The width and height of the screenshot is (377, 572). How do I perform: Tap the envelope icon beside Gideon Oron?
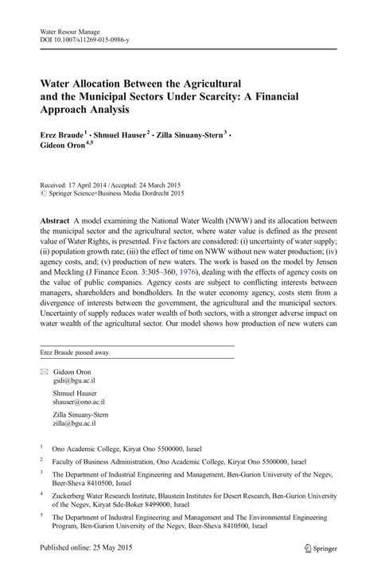pyautogui.click(x=45, y=372)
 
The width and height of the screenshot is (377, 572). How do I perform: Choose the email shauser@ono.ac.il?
pyautogui.click(x=84, y=403)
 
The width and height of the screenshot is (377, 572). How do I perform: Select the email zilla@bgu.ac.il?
pyautogui.click(x=80, y=423)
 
